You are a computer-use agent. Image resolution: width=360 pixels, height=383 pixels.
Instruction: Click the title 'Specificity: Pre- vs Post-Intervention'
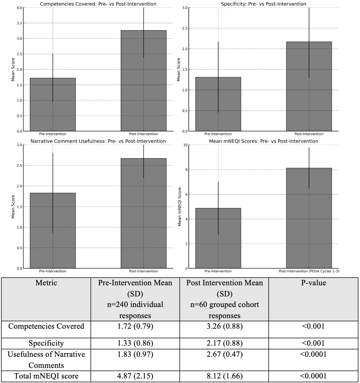(263, 4)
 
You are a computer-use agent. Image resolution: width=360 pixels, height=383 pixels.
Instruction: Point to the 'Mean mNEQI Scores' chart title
(263, 141)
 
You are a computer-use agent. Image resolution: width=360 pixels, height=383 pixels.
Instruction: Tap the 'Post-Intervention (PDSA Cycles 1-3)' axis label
(309, 271)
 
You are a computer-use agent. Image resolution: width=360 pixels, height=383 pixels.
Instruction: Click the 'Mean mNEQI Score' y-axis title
(180, 207)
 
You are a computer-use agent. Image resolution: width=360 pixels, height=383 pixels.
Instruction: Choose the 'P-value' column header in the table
(313, 283)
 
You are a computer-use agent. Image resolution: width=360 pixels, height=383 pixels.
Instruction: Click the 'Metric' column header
(46, 283)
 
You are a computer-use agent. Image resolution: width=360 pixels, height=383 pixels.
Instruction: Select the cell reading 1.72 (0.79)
(135, 326)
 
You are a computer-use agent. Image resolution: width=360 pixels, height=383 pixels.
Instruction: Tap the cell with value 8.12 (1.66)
(224, 376)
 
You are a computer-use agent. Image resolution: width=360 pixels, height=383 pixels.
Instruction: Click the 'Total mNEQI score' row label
(46, 376)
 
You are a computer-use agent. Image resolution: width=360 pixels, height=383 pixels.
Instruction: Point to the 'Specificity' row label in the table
(46, 343)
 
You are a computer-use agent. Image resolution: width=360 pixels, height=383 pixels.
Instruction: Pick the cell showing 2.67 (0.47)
(224, 354)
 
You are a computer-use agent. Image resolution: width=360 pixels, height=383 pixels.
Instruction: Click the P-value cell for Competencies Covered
(313, 326)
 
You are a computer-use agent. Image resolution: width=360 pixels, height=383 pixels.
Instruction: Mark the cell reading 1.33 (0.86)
(135, 343)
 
